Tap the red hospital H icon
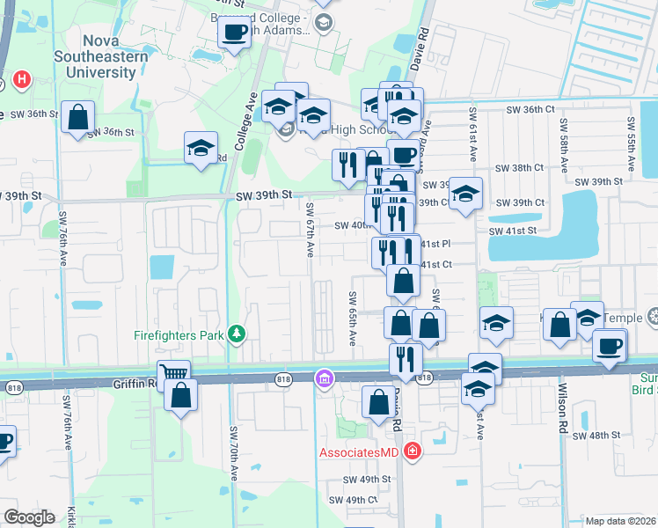click(x=21, y=80)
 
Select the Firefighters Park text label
click(x=179, y=334)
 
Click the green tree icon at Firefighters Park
click(x=236, y=334)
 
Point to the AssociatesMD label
click(x=361, y=452)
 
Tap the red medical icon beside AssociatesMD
click(x=412, y=452)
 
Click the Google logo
click(x=29, y=517)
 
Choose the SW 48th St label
click(x=596, y=436)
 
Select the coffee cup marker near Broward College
click(x=235, y=33)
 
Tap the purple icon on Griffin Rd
click(x=324, y=378)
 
